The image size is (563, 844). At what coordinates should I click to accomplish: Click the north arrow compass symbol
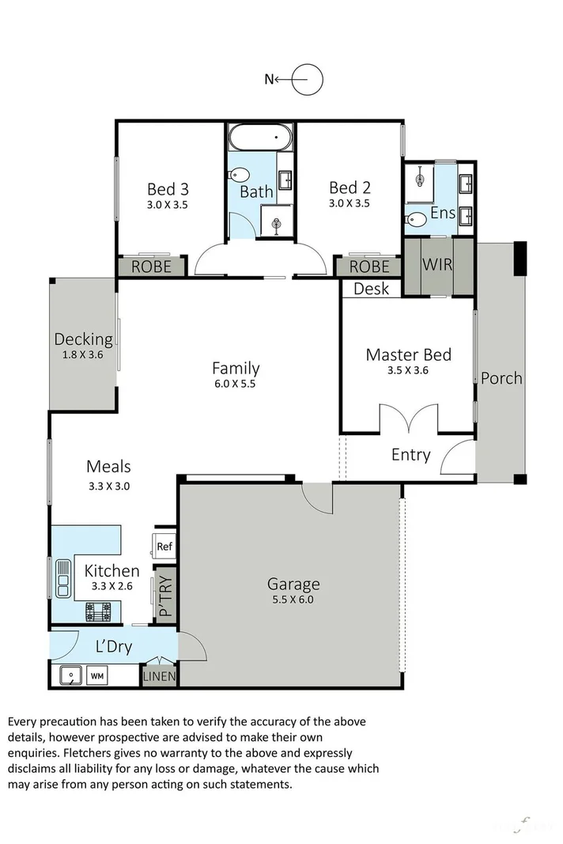[x=307, y=79]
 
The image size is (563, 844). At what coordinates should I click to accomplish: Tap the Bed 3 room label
[x=168, y=189]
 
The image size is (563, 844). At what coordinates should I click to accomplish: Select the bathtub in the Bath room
[x=260, y=140]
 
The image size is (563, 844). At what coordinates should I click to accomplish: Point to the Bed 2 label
[x=350, y=187]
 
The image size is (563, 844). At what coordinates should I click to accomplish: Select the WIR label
[x=437, y=264]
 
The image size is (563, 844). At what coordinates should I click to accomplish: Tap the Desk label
[x=371, y=289]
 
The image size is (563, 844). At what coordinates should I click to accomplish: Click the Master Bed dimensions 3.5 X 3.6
[x=408, y=370]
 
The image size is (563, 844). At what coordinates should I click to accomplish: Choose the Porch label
[x=501, y=378]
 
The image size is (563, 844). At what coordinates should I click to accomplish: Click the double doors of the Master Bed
[x=409, y=419]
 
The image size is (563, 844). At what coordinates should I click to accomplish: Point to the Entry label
[x=410, y=455]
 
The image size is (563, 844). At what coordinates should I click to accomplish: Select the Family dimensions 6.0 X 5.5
[x=236, y=384]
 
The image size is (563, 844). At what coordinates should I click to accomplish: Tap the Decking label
[x=83, y=339]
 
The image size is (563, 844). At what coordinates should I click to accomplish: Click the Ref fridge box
[x=164, y=546]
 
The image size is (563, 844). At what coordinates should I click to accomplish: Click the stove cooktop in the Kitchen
[x=99, y=611]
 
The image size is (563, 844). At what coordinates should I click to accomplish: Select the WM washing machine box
[x=96, y=676]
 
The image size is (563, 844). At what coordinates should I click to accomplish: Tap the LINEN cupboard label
[x=160, y=677]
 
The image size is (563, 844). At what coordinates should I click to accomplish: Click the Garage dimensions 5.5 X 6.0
[x=293, y=600]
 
